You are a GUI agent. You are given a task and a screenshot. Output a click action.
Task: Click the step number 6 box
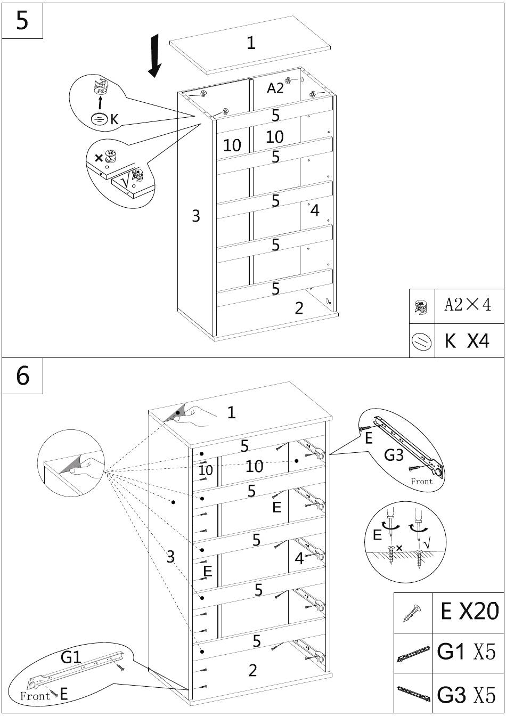pos(22,376)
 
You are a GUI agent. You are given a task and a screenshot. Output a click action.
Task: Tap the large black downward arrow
pos(155,55)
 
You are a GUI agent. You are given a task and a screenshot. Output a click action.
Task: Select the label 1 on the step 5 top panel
pos(251,43)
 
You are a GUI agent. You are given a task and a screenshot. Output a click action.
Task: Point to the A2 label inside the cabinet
pos(275,88)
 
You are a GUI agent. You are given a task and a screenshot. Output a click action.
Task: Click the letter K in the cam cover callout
pos(115,119)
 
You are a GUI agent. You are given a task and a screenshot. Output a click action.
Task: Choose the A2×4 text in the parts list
pos(468,305)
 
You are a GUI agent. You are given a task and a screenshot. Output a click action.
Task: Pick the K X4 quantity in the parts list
pos(467,340)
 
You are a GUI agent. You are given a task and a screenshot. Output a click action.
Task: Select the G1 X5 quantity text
pos(467,652)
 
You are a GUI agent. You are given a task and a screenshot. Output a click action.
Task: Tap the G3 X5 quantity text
pos(467,695)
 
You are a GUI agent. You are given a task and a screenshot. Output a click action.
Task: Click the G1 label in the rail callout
pos(71,657)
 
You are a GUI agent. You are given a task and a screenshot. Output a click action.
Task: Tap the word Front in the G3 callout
pos(422,482)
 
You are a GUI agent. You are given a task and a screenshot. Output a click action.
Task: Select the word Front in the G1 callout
pos(35,696)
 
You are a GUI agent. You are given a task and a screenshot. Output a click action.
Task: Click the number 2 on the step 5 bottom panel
pos(299,308)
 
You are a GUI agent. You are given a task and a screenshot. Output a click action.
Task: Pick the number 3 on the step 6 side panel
pos(170,557)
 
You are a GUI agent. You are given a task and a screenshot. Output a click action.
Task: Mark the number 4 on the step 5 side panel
pos(315,211)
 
